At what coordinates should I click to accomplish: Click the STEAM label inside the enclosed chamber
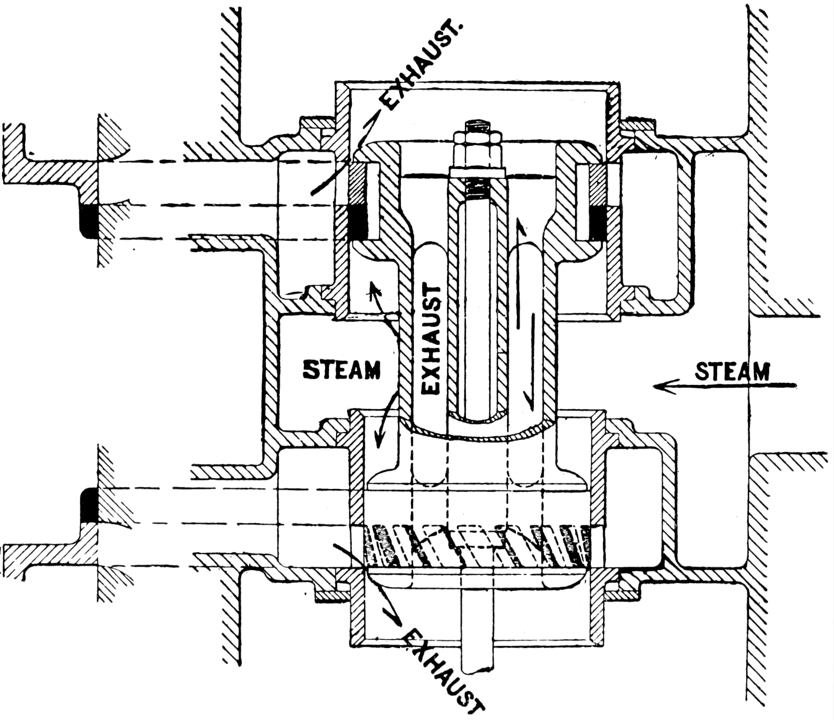[341, 370]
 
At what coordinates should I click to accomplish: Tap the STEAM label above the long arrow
[732, 372]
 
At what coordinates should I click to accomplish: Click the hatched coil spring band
[477, 546]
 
